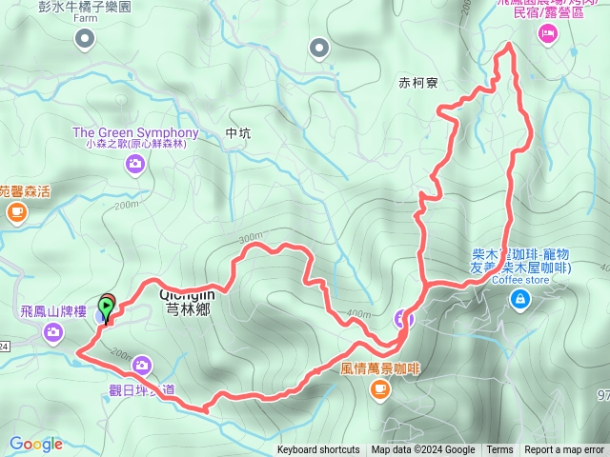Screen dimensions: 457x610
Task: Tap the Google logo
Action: tap(36, 444)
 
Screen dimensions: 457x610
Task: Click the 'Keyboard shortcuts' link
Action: tap(318, 450)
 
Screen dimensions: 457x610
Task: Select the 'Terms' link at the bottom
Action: tap(499, 450)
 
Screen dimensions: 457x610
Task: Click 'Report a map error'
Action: tap(564, 450)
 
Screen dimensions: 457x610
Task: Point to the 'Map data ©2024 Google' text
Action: tap(423, 450)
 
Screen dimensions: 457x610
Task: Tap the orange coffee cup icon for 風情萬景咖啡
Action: tap(380, 387)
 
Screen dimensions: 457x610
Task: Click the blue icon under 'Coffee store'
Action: tap(520, 301)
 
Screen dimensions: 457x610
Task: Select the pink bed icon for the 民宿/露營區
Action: tap(547, 35)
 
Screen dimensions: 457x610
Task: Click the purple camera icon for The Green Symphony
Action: tap(135, 165)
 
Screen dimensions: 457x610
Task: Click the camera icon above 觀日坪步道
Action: tap(142, 365)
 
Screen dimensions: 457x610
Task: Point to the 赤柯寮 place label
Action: tap(418, 84)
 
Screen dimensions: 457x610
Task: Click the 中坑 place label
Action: tap(238, 134)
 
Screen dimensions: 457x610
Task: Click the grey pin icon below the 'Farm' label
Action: tap(85, 38)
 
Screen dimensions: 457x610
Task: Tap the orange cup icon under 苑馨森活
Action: tap(16, 212)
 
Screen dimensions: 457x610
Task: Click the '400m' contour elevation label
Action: tap(357, 314)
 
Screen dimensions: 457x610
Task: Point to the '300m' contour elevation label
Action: tap(250, 237)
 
